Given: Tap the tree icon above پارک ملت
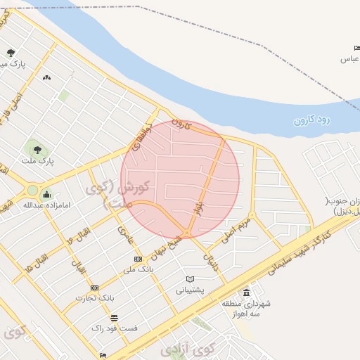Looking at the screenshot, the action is pos(36,149).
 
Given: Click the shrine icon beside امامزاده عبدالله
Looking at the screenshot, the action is pos(47,195).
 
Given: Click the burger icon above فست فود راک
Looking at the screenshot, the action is pos(114,318).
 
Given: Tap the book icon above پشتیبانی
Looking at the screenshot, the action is pos(189,279).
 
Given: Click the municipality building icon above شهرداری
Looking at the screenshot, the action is pos(246,292).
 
